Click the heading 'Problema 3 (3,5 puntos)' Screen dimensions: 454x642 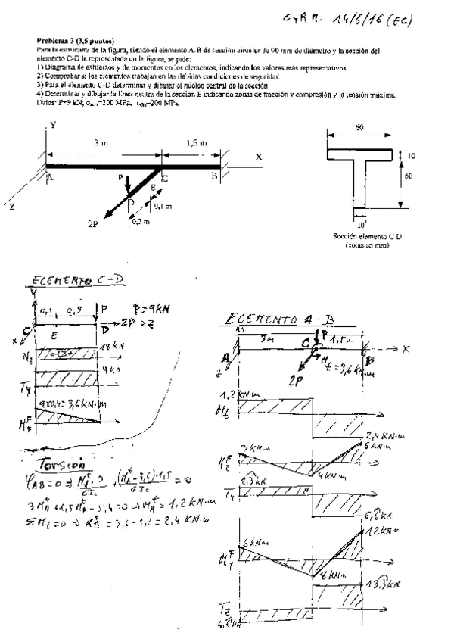(x=72, y=42)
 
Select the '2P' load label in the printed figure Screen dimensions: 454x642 (x=92, y=225)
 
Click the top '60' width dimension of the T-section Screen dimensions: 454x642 (x=359, y=129)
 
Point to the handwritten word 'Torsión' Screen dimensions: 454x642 (x=58, y=462)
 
